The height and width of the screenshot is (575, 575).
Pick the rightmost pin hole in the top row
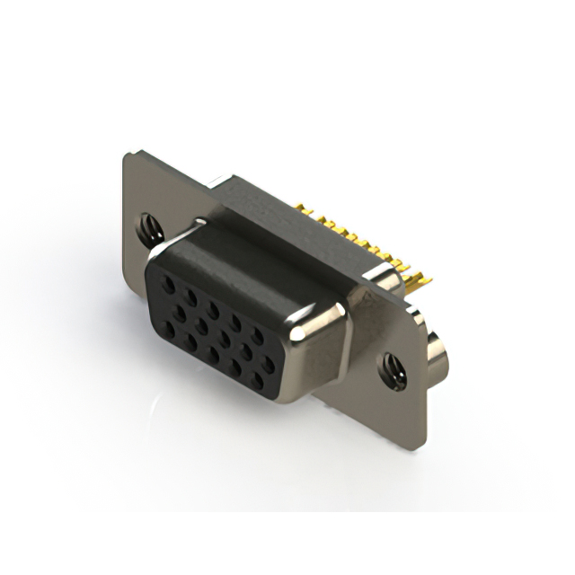point(259,336)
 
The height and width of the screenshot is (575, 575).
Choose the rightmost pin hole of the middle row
point(261,357)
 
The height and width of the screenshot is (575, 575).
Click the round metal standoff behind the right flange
point(438,357)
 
